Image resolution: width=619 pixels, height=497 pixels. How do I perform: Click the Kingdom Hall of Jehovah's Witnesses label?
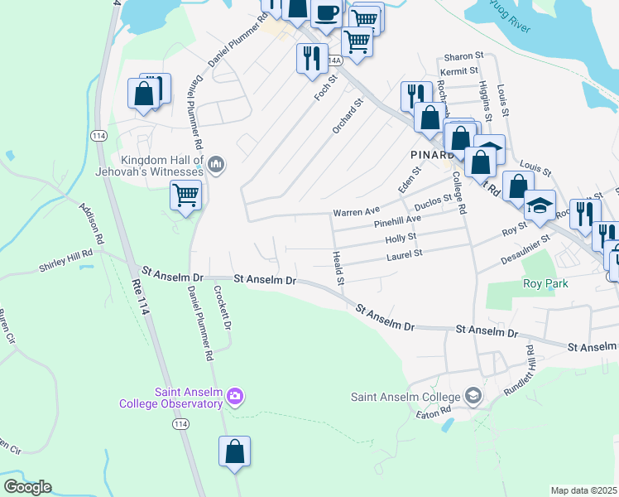click(x=161, y=166)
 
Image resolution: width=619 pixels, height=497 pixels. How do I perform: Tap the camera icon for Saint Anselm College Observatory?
click(x=235, y=397)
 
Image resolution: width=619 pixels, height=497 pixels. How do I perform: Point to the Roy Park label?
click(x=543, y=283)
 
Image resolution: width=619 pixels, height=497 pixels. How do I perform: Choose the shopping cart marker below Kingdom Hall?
click(x=186, y=196)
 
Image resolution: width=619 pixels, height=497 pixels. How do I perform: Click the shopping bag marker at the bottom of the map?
click(x=235, y=451)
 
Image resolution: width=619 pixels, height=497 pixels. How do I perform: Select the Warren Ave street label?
click(x=356, y=212)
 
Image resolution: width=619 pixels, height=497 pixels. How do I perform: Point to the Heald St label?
click(x=338, y=270)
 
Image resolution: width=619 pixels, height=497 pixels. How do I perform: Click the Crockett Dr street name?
click(x=222, y=306)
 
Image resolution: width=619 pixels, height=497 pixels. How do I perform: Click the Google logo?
click(x=27, y=486)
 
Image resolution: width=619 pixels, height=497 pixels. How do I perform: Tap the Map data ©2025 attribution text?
click(x=583, y=490)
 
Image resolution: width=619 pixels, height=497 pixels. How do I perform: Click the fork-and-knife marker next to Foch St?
click(x=311, y=58)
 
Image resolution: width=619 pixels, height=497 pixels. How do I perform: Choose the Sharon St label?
click(x=463, y=56)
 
